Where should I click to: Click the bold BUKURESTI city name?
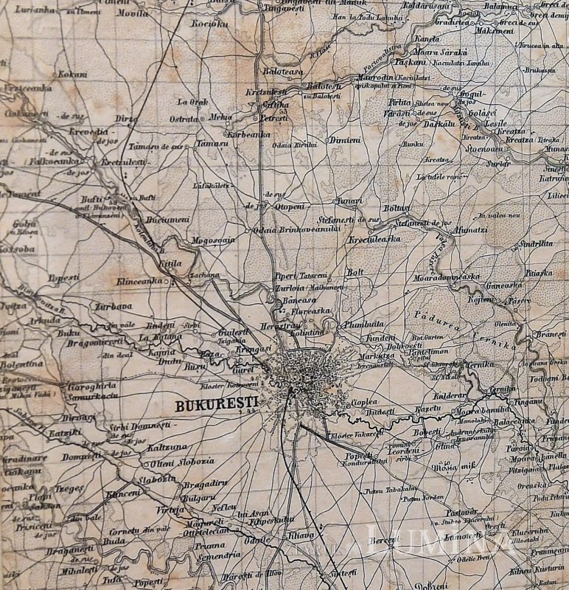(x=214, y=405)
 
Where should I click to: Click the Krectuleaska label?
(x=374, y=240)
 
